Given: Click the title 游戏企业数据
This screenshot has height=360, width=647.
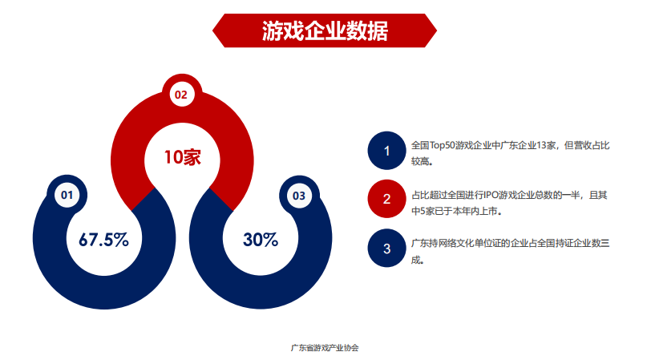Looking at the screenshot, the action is pos(325,31).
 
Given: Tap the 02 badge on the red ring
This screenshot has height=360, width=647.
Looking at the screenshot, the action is pos(181,95).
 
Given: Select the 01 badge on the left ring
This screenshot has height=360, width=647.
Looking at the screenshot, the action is pos(67,195).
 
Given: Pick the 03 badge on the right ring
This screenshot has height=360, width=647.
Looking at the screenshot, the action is pos(299,196).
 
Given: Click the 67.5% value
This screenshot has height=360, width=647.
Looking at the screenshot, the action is pos(103,240).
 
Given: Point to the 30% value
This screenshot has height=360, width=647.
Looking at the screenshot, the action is pos(261,240).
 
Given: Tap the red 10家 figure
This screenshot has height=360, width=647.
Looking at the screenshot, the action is pos(182,157).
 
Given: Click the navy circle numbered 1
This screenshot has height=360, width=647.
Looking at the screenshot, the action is pos(386,151).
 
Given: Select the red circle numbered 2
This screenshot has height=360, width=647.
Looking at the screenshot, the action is pos(386,199).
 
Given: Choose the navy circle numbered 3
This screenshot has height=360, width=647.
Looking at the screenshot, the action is pos(386,248).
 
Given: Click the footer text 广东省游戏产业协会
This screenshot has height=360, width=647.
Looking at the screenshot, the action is pos(325,348).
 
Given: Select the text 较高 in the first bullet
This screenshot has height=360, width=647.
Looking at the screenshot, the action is pos(419,161).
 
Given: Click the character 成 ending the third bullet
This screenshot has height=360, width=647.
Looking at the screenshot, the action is pos(416,260).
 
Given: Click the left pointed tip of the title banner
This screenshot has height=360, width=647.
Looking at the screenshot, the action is pos(213,30).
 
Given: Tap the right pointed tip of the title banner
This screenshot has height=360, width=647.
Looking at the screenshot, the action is pos(437,30).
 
